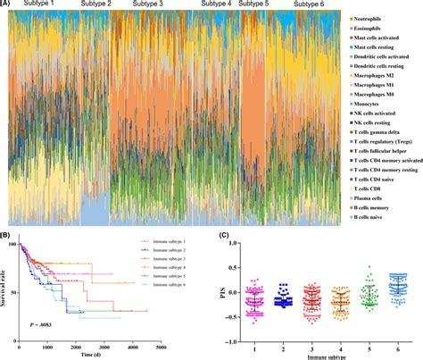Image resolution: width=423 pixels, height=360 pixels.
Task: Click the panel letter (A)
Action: pyautogui.click(x=7, y=4)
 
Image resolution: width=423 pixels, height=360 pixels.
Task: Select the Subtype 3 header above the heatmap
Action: pyautogui.click(x=153, y=5)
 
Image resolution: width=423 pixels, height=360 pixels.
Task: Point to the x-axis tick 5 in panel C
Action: pyautogui.click(x=366, y=346)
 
